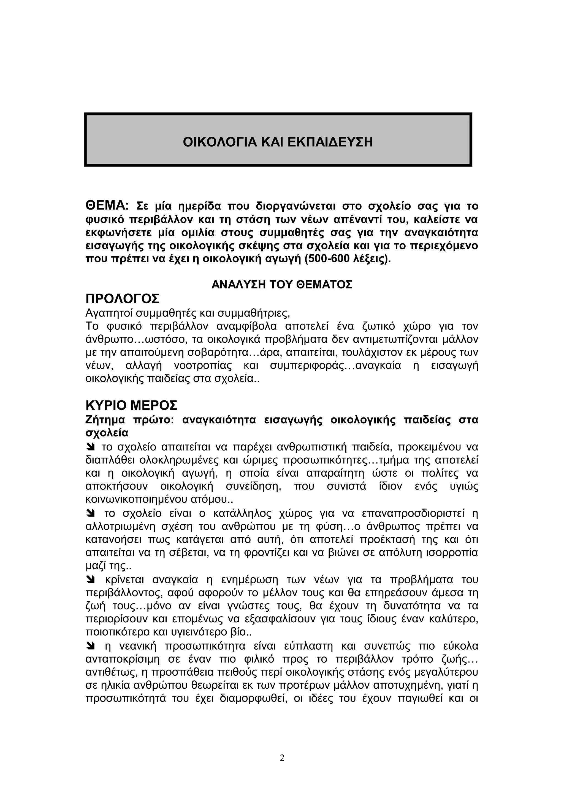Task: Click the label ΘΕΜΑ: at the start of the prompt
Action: (107, 205)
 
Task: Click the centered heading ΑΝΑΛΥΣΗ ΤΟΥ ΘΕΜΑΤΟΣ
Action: (282, 285)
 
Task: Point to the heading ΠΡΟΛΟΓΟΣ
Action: (122, 298)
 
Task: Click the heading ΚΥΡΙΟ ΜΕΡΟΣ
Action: (131, 405)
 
